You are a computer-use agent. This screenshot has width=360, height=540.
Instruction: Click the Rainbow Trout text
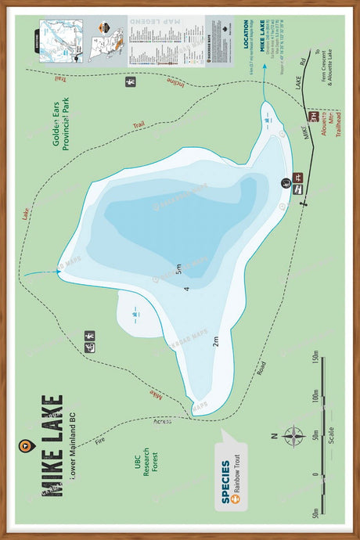click(236, 475)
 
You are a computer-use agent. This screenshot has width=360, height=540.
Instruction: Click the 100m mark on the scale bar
click(314, 397)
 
